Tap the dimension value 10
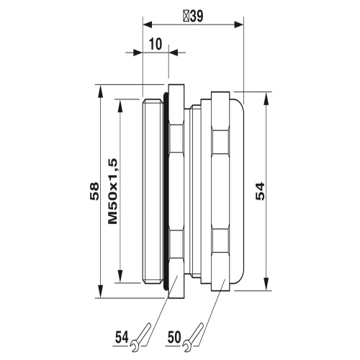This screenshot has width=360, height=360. [x=156, y=44]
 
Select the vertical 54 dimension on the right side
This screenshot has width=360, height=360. [x=261, y=191]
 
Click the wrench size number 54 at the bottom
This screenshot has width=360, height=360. [x=121, y=336]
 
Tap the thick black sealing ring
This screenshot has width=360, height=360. [x=167, y=191]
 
